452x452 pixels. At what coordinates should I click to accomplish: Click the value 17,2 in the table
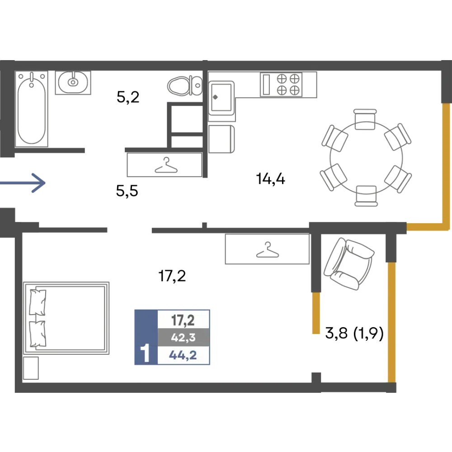[183, 320]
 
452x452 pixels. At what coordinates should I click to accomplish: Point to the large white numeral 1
[146, 353]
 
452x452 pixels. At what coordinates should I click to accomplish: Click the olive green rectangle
[377, 86]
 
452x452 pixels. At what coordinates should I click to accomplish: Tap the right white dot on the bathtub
[42, 77]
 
